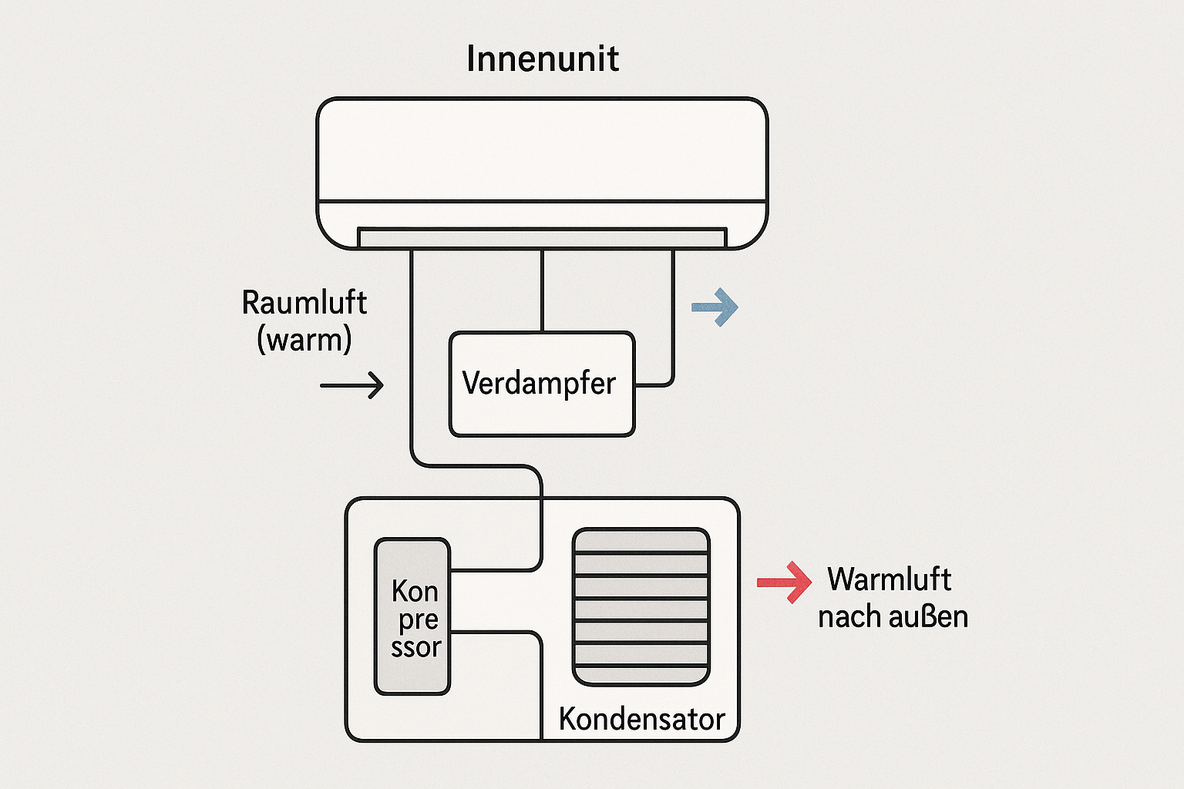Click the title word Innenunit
[542, 59]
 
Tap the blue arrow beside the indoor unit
[715, 307]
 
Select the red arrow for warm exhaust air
[785, 582]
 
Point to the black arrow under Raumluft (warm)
[352, 384]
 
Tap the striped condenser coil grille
[641, 606]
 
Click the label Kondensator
[641, 719]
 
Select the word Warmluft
[889, 579]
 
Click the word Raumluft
[304, 303]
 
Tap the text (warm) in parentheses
[304, 340]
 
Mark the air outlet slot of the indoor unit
[542, 237]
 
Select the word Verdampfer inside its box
[539, 383]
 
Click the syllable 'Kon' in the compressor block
[415, 592]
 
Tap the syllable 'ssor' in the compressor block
[415, 647]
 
